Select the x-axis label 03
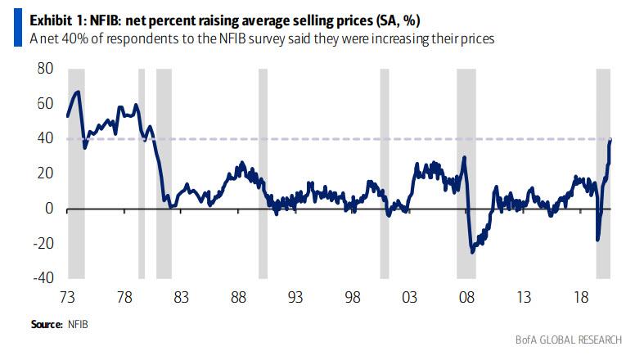tap(410, 296)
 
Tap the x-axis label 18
tap(581, 296)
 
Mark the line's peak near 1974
tap(77, 91)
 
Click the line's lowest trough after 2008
tap(472, 252)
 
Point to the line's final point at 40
tap(611, 139)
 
